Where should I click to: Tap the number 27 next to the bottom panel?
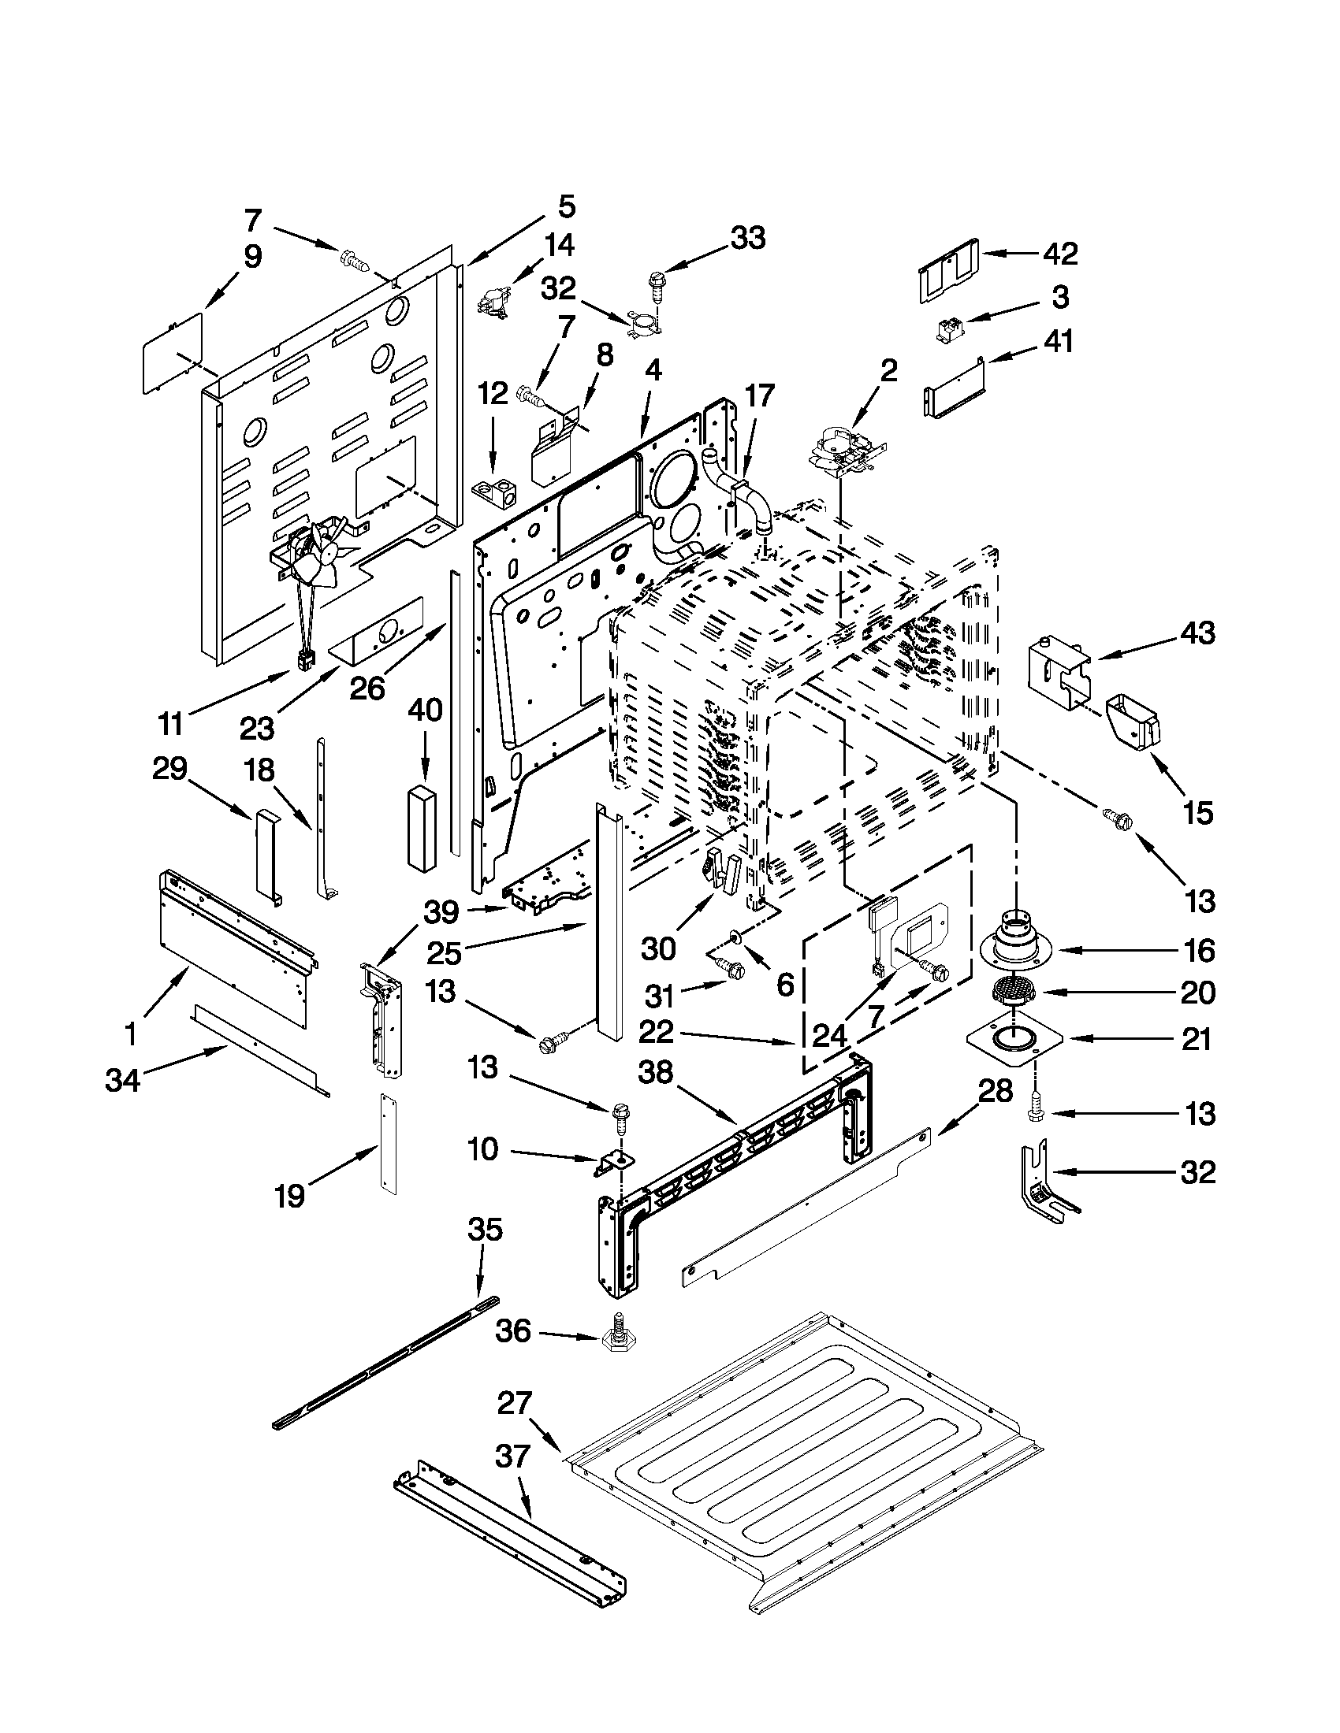coord(514,1402)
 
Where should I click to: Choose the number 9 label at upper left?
coord(252,256)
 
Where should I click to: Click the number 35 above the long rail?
coord(484,1229)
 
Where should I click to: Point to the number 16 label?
coord(1198,949)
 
